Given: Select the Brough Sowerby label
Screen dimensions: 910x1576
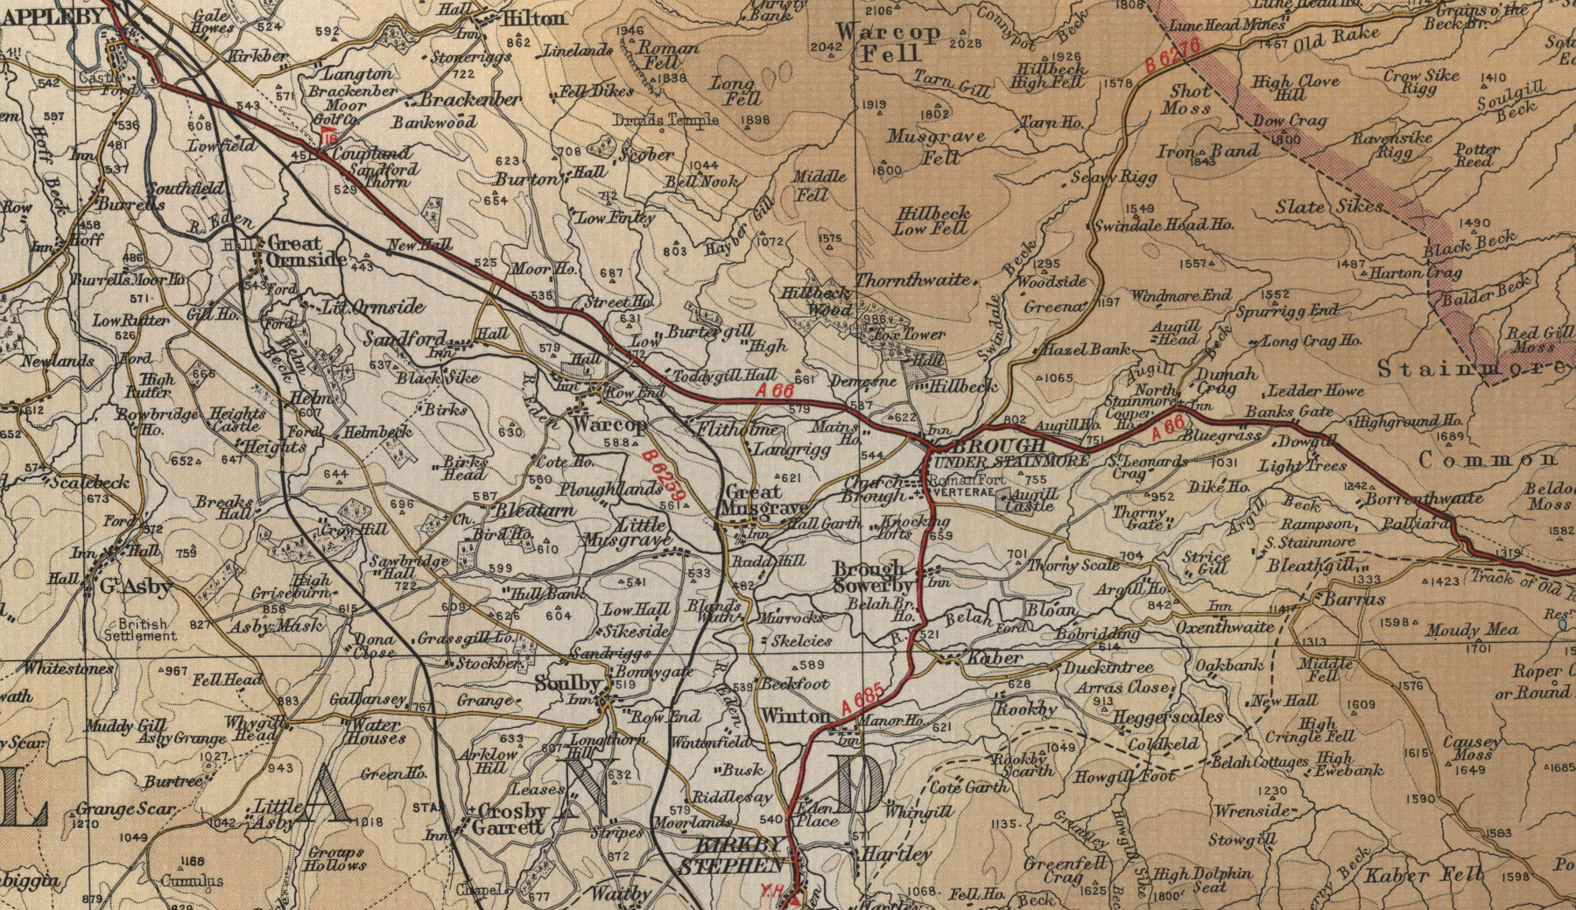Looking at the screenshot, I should click(x=869, y=577).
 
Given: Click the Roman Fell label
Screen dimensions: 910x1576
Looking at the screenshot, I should click(x=670, y=55).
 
